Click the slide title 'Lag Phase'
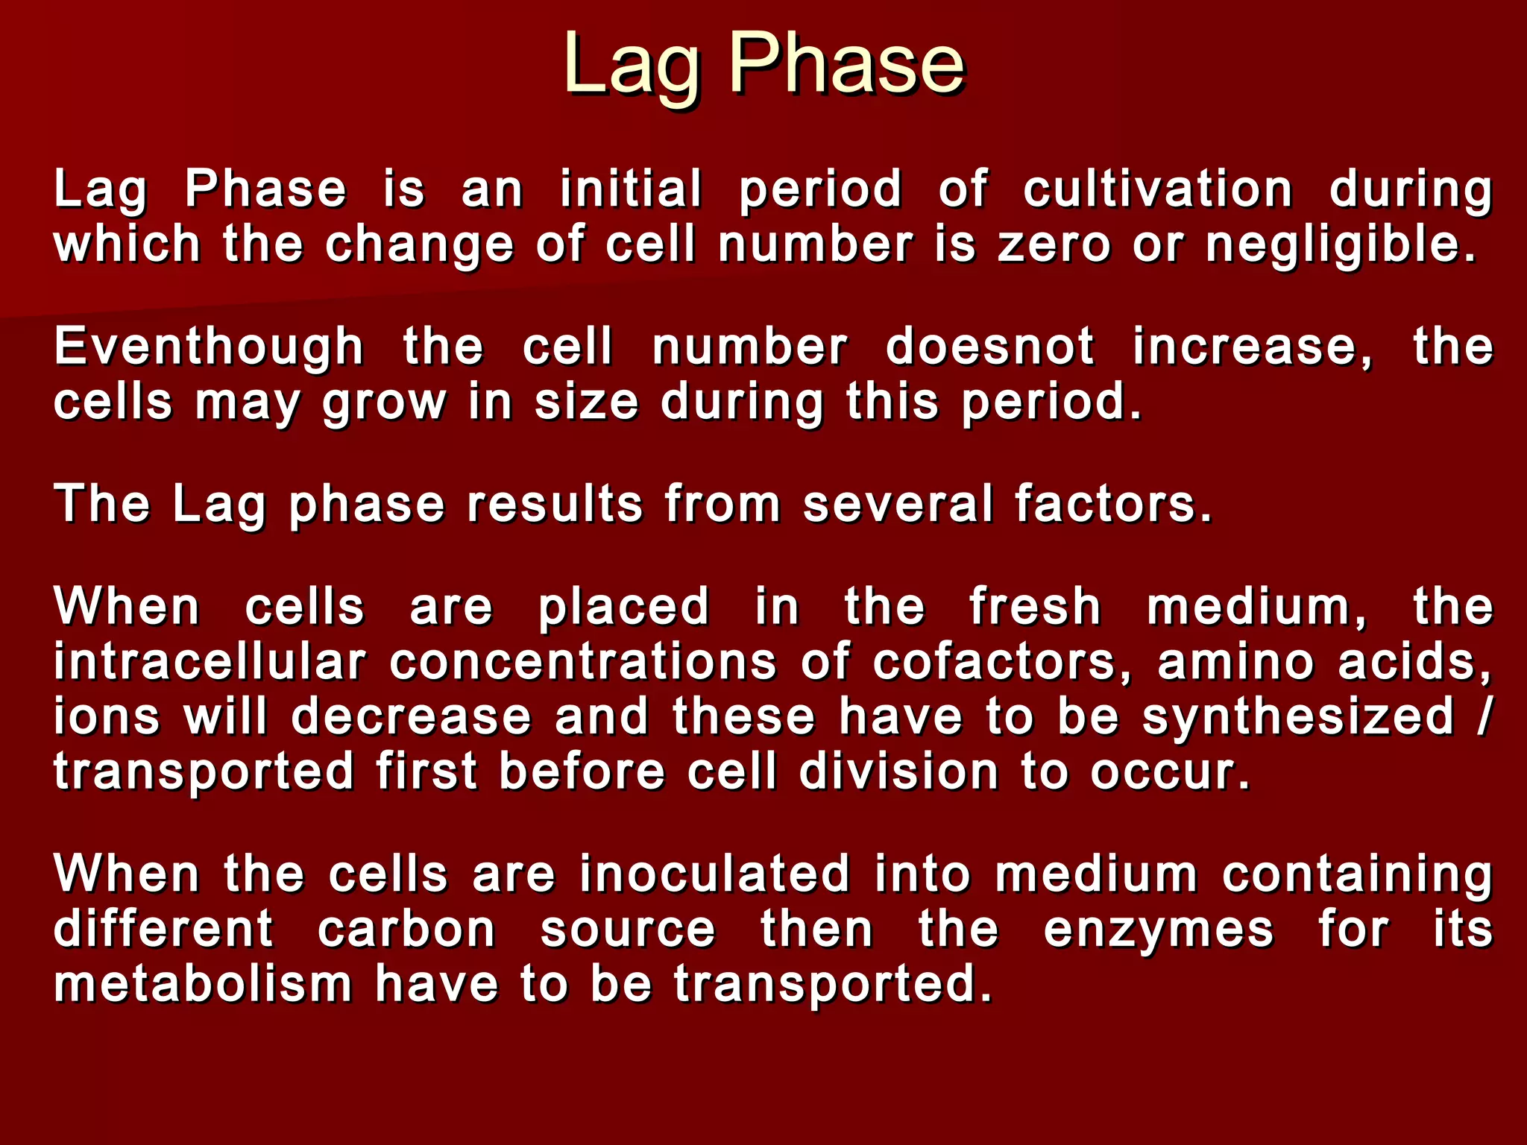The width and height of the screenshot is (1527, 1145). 763,66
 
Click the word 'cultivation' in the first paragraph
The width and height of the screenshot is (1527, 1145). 1157,189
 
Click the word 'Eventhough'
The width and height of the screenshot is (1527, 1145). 209,347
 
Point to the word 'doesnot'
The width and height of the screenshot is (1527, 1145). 989,347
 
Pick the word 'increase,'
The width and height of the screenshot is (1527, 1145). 1253,347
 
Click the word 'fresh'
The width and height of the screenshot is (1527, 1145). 1035,607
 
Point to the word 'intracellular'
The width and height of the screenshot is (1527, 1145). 210,662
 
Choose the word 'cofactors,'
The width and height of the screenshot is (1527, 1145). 1002,662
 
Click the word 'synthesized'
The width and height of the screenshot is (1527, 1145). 1298,717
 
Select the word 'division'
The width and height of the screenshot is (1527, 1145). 898,772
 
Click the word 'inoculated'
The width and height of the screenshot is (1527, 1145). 715,874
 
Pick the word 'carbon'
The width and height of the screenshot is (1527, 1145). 406,930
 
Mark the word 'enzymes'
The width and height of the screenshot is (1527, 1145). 1158,930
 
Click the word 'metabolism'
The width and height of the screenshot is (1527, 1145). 203,985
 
